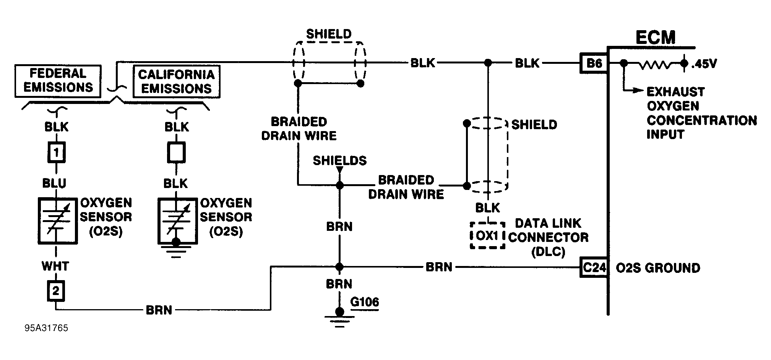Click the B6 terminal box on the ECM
pos(594,63)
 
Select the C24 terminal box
pos(594,268)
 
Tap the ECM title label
pos(655,37)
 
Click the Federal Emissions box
pos(58,81)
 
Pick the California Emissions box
pos(176,81)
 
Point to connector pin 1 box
pos(56,153)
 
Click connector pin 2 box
pos(56,291)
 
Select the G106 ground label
pos(365,302)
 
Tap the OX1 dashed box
pos(487,235)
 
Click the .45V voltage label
pos(704,64)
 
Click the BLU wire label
pos(54,183)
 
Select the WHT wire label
pos(55,266)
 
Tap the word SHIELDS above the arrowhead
pos(339,161)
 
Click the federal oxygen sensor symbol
pos(57,221)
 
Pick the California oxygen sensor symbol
pos(178,221)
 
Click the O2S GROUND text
pos(658,268)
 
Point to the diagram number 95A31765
pos(46,328)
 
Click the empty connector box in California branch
pos(177,153)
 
